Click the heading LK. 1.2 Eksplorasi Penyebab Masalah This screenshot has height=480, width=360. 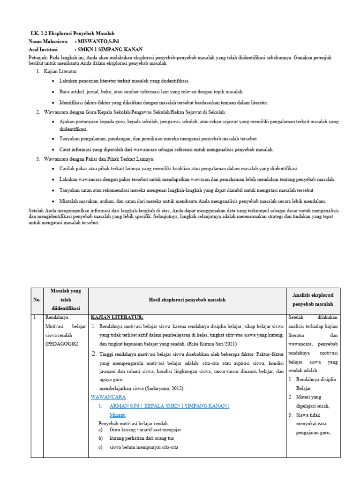tap(72, 34)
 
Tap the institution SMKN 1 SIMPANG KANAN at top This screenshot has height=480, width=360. tap(110, 49)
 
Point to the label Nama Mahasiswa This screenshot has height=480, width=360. tap(49, 42)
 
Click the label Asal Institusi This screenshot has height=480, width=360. tap(46, 49)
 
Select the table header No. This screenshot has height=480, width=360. tap(37, 300)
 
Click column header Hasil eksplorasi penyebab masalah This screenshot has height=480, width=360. tap(187, 300)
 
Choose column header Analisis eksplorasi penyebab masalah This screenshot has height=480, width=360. tap(314, 300)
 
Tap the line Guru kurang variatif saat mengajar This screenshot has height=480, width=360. tap(145, 429)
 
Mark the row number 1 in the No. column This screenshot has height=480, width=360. tap(35, 317)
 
